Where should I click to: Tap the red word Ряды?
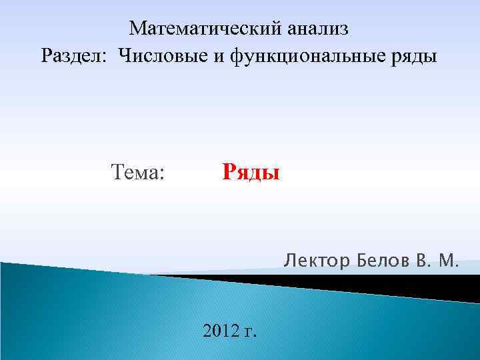coord(251,173)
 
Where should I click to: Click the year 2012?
coord(221,330)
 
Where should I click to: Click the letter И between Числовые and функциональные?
coord(219,57)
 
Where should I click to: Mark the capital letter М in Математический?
coord(138,29)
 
